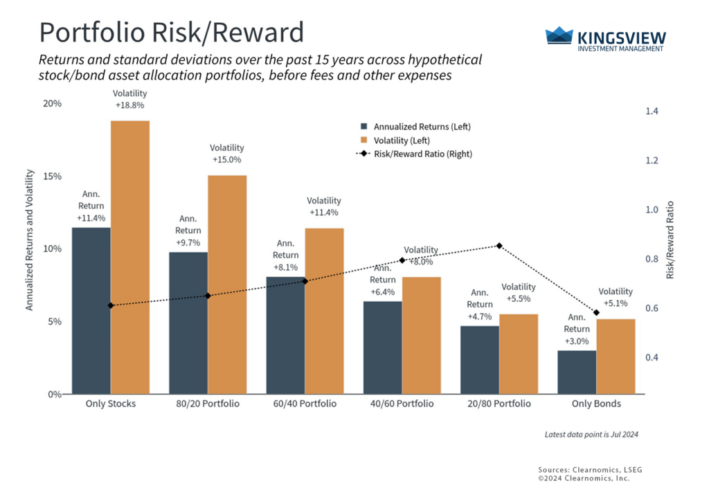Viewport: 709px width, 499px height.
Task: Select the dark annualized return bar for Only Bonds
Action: tap(577, 372)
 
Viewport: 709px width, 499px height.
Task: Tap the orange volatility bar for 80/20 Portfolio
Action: tap(227, 284)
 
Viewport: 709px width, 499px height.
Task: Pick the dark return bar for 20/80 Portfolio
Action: tap(480, 360)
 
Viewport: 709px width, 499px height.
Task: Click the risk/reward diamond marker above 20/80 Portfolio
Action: tap(499, 246)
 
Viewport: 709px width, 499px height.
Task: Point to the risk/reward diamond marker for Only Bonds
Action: tap(596, 313)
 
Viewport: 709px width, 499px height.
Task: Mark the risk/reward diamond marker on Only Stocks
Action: tap(111, 305)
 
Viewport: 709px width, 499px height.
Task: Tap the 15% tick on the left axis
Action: tap(53, 176)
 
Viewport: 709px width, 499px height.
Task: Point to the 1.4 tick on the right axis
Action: tap(652, 111)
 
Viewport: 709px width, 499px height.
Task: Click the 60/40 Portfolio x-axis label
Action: tap(305, 403)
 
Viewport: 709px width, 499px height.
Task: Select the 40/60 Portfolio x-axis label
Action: tap(402, 403)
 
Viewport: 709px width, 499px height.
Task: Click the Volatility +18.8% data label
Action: tap(130, 100)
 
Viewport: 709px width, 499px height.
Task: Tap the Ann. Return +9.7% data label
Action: tap(188, 230)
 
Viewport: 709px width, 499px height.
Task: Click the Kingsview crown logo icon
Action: tap(559, 36)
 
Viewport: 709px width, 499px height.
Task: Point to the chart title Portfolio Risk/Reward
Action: tap(171, 33)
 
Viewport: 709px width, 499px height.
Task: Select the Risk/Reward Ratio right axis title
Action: tap(670, 240)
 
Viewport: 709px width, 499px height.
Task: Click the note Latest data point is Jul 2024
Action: tap(591, 435)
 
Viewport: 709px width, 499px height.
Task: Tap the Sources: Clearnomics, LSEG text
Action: tap(589, 469)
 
